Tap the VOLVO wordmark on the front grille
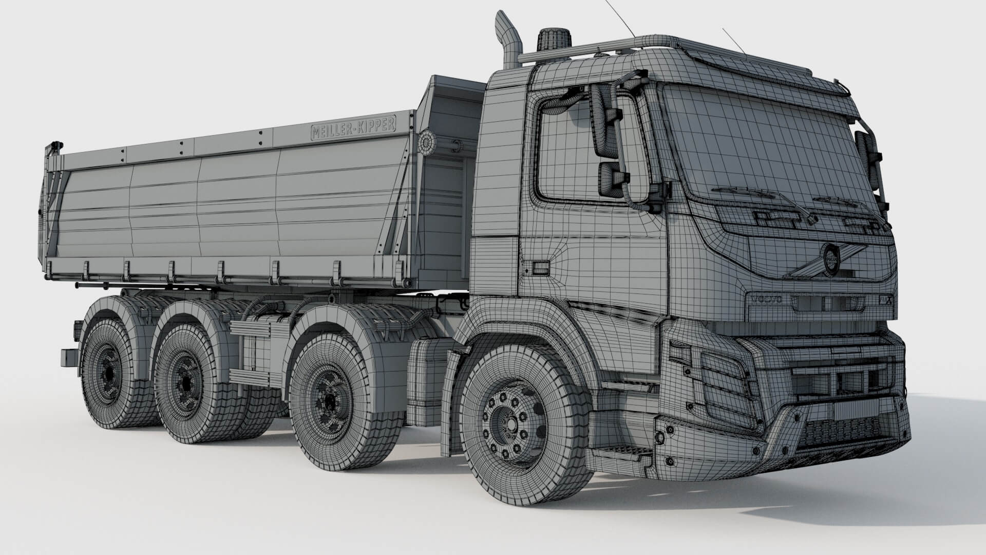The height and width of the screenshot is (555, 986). (x=766, y=299)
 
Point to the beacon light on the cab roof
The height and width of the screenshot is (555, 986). (x=555, y=40)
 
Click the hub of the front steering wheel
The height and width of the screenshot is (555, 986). (x=511, y=423)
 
